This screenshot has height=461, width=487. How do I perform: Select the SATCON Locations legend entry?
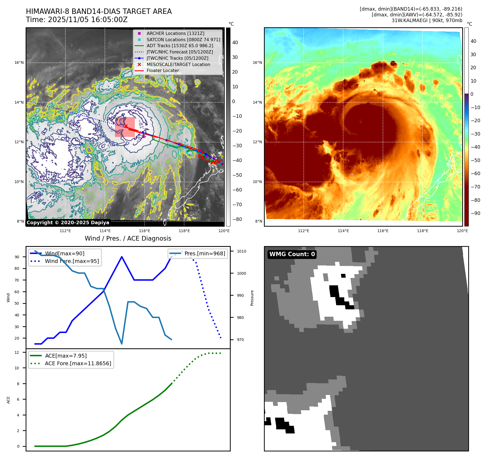tap(183, 40)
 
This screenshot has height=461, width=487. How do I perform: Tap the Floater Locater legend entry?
tap(163, 70)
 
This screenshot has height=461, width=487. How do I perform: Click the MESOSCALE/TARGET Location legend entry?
tap(178, 64)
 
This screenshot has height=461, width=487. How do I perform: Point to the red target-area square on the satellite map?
tap(125, 127)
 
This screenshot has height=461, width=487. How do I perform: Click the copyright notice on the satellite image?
tap(68, 223)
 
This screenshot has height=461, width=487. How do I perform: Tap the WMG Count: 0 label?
tap(292, 254)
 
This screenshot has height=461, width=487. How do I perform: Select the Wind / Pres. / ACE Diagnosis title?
tap(128, 238)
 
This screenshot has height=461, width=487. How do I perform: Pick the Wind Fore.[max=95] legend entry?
tap(72, 261)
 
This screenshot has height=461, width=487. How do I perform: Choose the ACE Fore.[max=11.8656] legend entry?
tap(78, 363)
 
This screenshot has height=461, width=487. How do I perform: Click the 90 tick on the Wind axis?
tap(17, 257)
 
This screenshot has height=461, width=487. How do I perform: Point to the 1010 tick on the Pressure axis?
tap(241, 251)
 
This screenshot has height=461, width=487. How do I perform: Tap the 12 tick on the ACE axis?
tap(17, 352)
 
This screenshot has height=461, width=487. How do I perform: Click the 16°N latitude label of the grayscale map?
tap(19, 63)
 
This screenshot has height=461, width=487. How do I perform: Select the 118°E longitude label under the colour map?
tap(422, 231)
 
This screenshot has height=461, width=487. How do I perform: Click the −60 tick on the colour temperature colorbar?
tap(476, 173)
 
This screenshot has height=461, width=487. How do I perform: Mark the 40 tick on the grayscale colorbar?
tap(235, 43)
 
